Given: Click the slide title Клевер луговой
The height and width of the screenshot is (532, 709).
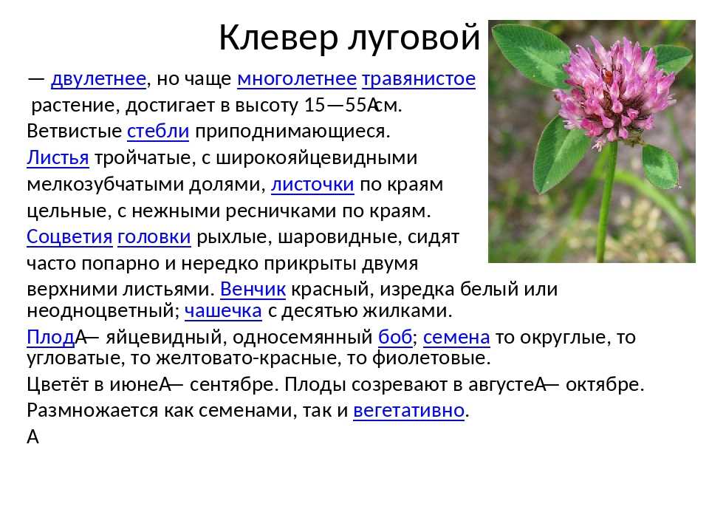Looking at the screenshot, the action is point(349,37).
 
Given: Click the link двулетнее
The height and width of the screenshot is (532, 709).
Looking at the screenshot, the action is point(98,79).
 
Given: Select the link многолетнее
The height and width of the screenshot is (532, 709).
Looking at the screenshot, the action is point(297,79).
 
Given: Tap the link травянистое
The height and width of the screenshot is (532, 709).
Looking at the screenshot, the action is point(419,79).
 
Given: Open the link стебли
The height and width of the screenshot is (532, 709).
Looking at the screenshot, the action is point(158,132).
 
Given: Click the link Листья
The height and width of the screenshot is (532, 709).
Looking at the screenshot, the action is point(58,158).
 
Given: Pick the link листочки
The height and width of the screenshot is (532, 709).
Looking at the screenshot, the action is point(312,184).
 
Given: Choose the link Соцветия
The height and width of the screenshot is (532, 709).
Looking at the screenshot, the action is point(69,236).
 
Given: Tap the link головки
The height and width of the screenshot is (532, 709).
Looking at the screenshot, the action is point(154,236).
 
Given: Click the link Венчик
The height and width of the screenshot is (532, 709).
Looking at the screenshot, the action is point(253,289).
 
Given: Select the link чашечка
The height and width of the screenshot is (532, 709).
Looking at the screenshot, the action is point(223,311).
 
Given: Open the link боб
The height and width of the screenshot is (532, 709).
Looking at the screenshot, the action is point(395,337).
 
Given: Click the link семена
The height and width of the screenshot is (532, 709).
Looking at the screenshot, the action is point(456,337).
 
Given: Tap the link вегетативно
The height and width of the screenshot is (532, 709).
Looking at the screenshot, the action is point(408,410).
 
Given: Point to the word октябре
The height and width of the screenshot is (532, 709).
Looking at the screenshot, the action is point(605,384).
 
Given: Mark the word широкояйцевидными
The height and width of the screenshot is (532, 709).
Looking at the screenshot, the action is point(317,158).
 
